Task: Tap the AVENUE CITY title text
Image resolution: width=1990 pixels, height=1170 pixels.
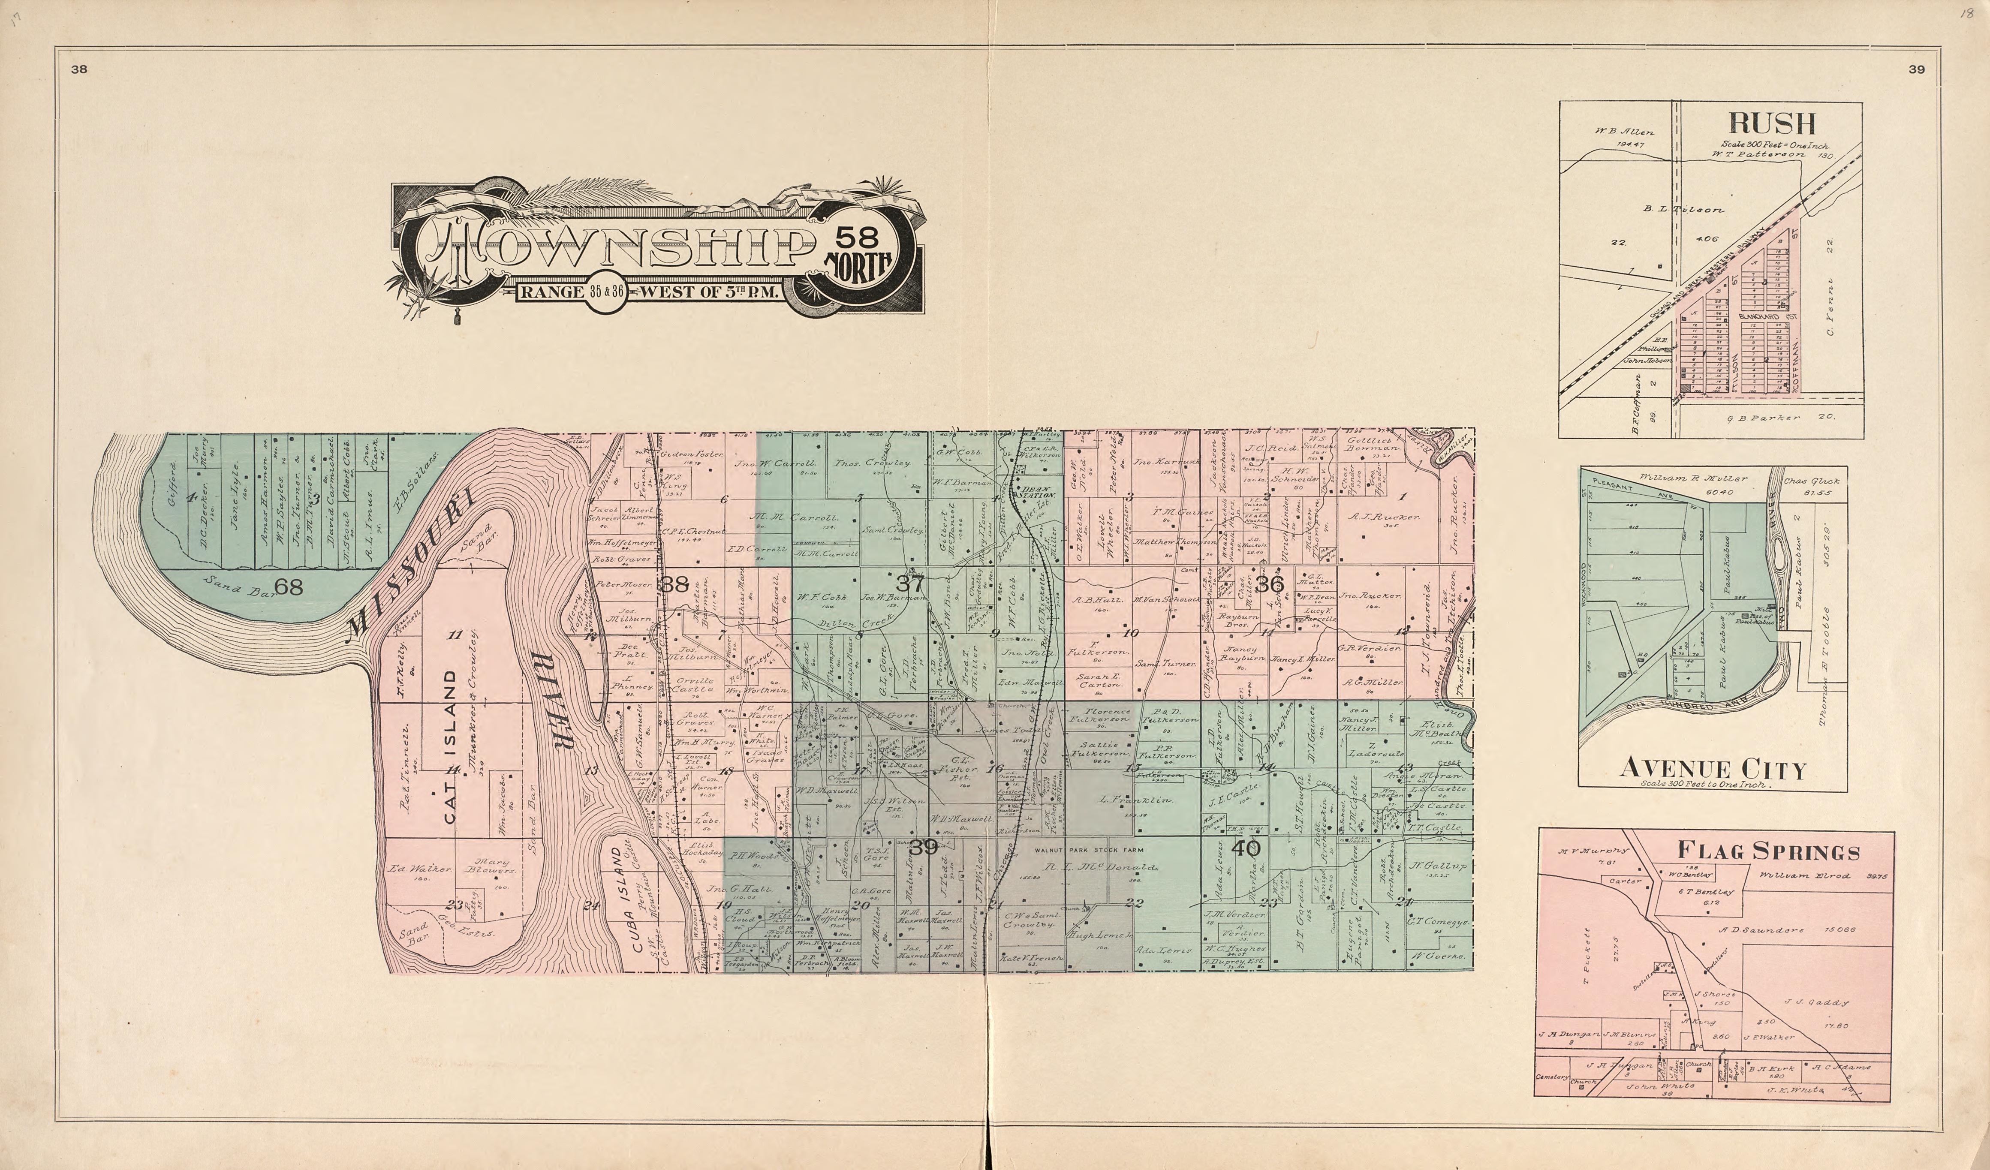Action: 1712,768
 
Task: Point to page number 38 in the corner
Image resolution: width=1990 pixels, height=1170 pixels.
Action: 79,69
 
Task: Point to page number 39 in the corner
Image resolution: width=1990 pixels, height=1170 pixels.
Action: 1917,69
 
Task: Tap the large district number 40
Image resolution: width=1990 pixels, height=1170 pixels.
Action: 1246,849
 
